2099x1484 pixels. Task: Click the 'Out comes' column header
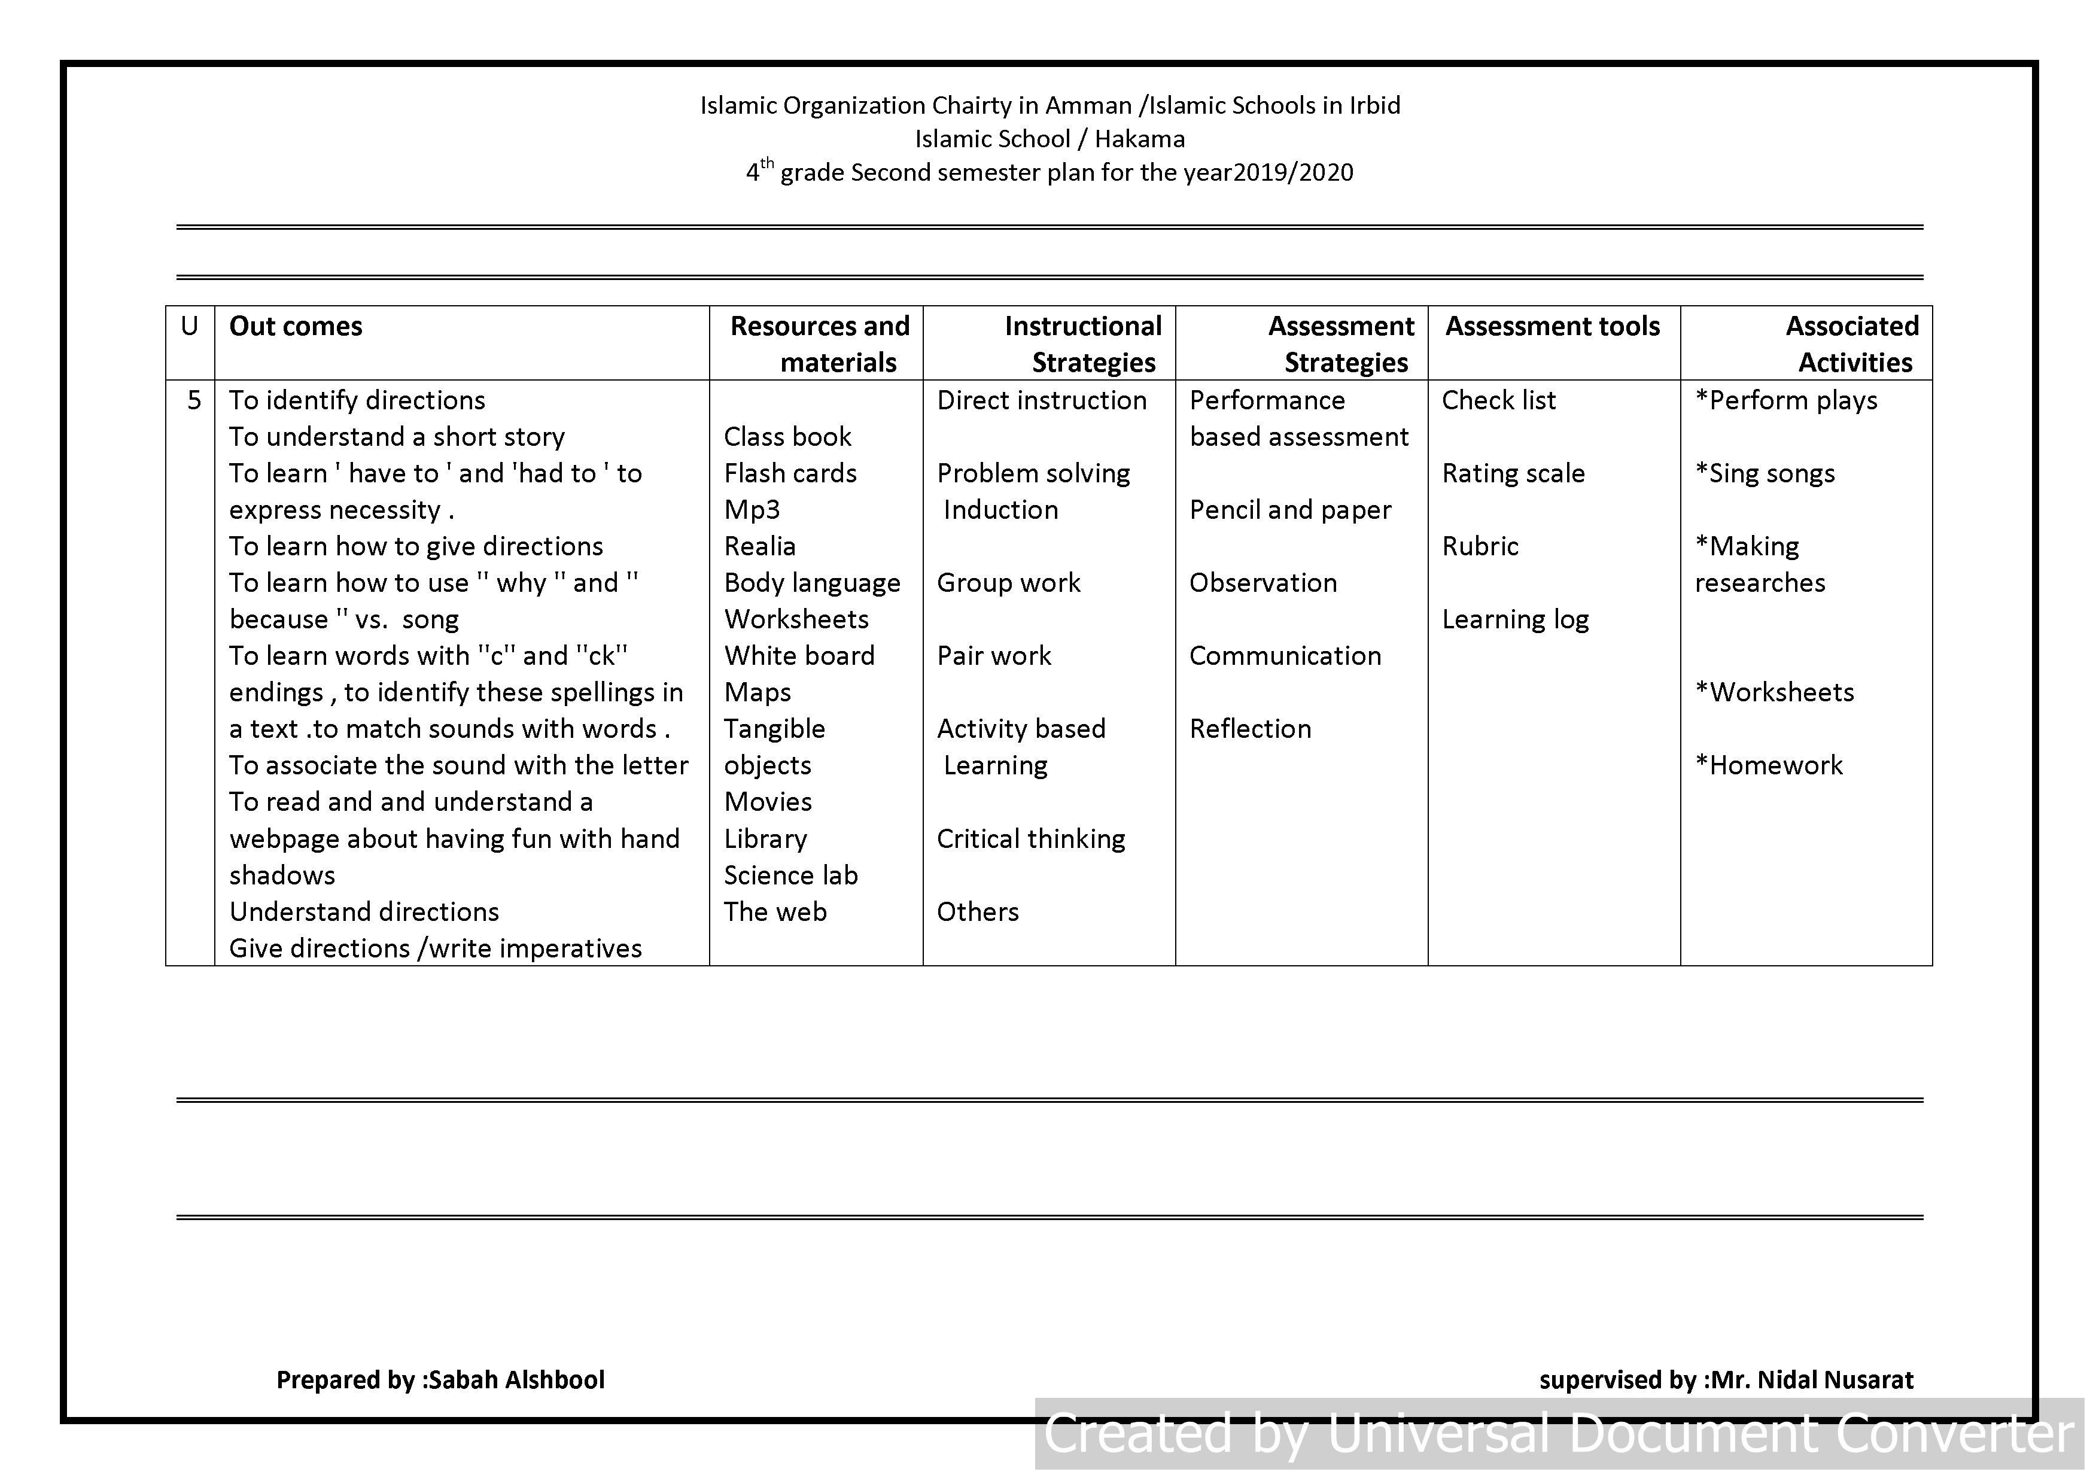[x=296, y=327]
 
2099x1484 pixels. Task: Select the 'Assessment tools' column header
[x=1552, y=327]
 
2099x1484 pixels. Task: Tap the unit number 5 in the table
[x=194, y=400]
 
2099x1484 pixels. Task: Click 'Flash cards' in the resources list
[x=790, y=474]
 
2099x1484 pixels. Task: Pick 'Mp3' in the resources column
[x=752, y=510]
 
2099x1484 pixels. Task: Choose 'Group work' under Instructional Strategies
[x=1008, y=583]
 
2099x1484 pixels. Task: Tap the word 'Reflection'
[x=1250, y=729]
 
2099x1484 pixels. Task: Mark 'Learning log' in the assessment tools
[x=1515, y=620]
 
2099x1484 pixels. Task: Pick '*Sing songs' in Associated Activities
[x=1765, y=474]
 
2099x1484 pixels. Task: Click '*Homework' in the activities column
[x=1768, y=766]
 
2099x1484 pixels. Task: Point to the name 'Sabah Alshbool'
[x=516, y=1380]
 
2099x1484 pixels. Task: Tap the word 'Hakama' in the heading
[x=1139, y=139]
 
